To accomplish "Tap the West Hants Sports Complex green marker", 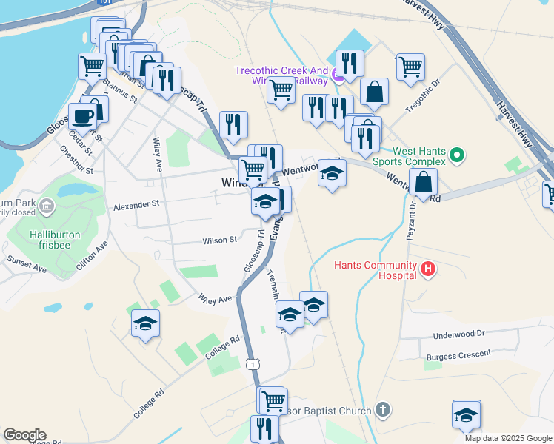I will tap(457, 156).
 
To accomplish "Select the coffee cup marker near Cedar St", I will tap(81, 116).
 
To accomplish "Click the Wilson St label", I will tap(221, 240).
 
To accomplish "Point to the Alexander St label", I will tap(136, 203).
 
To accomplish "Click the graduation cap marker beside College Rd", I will tap(145, 323).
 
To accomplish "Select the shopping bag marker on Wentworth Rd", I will tap(424, 182).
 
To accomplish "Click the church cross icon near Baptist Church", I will tap(382, 409).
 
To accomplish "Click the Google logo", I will tap(24, 435).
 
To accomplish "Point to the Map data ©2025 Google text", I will tap(508, 438).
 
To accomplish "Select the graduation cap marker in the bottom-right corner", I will tap(467, 414).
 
